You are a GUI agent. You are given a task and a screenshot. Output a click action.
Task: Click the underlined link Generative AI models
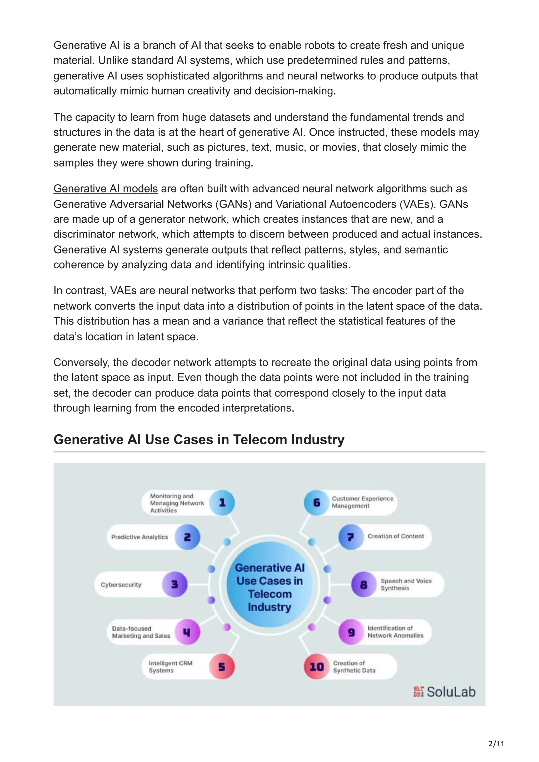[x=105, y=189]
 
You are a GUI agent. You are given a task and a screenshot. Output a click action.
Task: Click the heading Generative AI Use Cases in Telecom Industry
[x=199, y=439]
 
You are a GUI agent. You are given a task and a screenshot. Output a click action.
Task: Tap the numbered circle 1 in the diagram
[x=222, y=503]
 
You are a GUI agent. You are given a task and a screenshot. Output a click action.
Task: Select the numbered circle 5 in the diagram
[x=222, y=667]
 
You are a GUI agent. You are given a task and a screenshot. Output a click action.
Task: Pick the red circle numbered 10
[x=317, y=667]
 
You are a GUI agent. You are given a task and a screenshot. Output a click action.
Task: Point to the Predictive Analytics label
[x=139, y=537]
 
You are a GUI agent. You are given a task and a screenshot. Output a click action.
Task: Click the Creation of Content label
[x=396, y=536]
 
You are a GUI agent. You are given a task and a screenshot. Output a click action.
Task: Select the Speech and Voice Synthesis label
[x=406, y=585]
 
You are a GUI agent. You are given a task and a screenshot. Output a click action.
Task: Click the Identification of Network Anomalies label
[x=395, y=632]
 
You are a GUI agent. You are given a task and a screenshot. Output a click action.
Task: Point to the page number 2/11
[x=496, y=744]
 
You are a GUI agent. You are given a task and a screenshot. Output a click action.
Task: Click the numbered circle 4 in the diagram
[x=187, y=632]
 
